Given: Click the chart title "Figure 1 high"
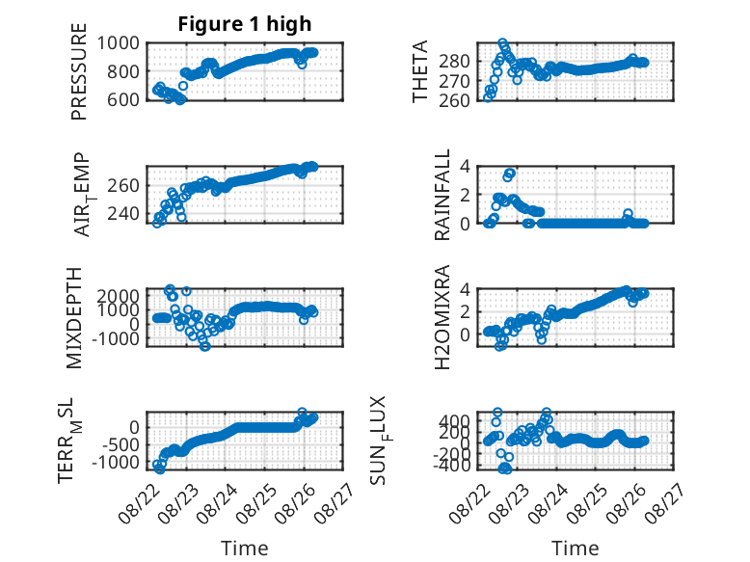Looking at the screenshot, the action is (x=245, y=24).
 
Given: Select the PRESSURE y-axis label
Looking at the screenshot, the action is (x=79, y=71).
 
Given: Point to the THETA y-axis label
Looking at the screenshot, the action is (x=419, y=71).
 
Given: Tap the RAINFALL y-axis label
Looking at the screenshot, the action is (x=442, y=194).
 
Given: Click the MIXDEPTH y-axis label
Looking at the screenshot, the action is (x=74, y=318).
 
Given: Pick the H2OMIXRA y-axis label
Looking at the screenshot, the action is (x=442, y=317).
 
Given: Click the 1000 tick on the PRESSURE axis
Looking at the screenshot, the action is (x=119, y=43).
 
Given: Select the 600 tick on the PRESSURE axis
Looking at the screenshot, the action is (x=123, y=100).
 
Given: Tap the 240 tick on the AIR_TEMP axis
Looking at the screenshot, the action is (x=123, y=213).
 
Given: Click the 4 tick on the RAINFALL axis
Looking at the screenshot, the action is (x=465, y=167).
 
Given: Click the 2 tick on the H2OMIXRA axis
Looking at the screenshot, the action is (x=465, y=312).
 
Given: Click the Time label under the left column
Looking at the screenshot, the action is (x=245, y=548).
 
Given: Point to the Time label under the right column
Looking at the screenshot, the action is (x=575, y=548).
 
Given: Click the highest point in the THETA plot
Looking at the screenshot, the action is (x=502, y=43).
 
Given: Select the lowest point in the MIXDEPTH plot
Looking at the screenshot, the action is (x=205, y=346).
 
